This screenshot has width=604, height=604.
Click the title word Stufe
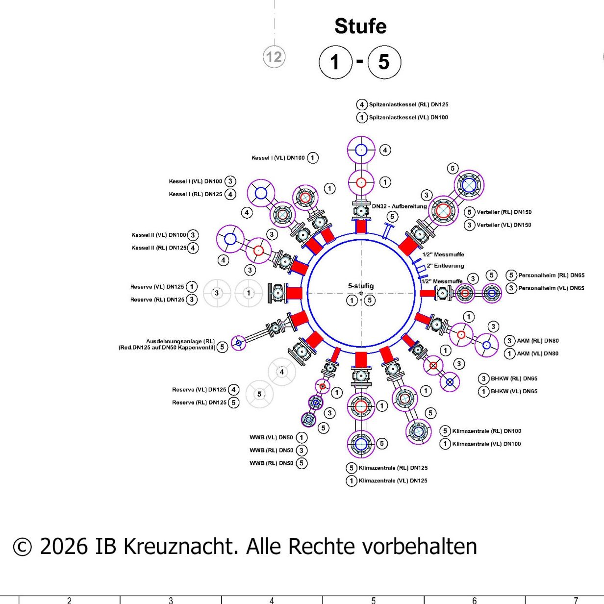360,26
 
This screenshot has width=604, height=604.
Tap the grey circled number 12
274,57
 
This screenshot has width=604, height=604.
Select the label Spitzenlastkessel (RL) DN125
408,104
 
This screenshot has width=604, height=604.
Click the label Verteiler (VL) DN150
503,225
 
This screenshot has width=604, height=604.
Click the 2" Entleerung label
445,266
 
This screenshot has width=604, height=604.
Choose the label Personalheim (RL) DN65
551,276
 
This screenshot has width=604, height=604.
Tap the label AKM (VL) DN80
537,353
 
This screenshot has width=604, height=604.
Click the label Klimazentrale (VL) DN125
393,481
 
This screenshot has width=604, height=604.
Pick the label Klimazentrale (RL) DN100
486,431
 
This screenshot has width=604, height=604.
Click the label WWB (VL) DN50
271,437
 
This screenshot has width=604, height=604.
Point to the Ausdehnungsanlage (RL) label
180,341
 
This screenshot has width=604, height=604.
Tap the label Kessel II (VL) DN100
159,235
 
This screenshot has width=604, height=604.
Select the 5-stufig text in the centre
361,286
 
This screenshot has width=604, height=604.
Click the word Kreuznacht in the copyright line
179,546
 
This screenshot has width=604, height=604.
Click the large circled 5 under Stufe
384,62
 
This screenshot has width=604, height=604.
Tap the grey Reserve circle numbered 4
281,372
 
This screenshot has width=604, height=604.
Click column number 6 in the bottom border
474,600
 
